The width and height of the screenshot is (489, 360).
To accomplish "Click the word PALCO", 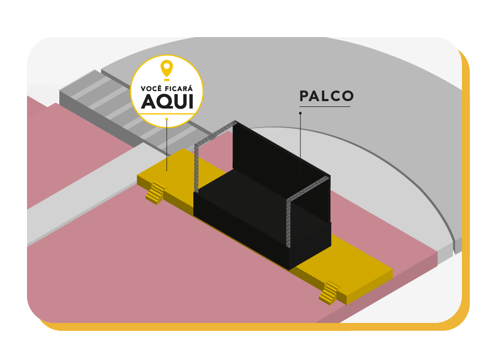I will (x=326, y=96).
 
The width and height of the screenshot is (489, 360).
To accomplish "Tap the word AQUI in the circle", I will (x=167, y=102).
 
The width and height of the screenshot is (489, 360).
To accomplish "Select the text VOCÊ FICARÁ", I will (x=166, y=88).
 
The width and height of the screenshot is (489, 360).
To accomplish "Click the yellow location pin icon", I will (x=166, y=68).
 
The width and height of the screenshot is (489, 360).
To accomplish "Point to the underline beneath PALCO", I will (x=324, y=107).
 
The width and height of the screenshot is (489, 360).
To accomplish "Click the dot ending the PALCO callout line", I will (x=300, y=113).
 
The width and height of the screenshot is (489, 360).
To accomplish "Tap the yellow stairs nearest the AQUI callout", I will (x=156, y=193).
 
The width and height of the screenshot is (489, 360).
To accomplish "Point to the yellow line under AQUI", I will (x=166, y=114).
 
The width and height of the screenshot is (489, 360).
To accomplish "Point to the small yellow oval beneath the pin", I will (x=166, y=80).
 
